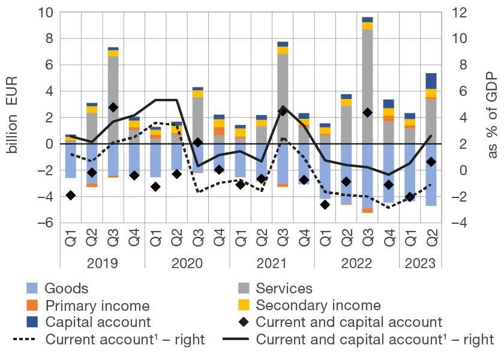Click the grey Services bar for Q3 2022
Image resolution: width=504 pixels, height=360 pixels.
click(367, 84)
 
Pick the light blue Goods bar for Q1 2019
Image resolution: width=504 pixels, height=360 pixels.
click(71, 160)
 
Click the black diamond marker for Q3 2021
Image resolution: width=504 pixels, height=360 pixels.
click(283, 112)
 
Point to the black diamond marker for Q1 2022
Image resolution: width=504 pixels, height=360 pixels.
click(325, 205)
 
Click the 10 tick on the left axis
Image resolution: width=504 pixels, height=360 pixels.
click(46, 12)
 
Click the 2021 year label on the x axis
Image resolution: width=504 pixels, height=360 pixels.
click(272, 263)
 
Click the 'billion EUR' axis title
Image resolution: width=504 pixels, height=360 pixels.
click(13, 118)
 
